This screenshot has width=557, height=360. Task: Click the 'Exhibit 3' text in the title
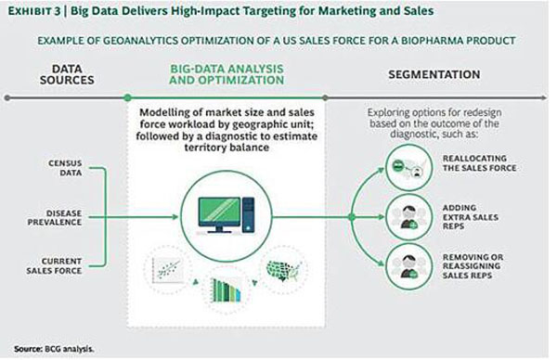pos(34,11)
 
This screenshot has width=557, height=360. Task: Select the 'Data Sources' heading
pos(67,74)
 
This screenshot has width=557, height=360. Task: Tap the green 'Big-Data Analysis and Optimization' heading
pos(227,74)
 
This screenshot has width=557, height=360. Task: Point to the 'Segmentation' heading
pos(434,74)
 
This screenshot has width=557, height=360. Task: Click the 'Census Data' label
pos(65,168)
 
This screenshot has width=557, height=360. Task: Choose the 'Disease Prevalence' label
pos(55,218)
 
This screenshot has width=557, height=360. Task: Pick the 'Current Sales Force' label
pos(54,266)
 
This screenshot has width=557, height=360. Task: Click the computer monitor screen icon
pos(219,212)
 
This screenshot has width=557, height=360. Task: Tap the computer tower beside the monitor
pos(248,215)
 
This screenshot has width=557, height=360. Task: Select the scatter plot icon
pos(167,270)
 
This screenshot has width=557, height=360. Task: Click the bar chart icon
pos(226,289)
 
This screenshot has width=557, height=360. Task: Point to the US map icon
pos(284,270)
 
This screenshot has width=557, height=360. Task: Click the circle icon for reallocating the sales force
pos(409,168)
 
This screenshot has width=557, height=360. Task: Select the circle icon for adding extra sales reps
pos(409,217)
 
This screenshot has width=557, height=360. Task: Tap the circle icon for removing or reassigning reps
pos(409,266)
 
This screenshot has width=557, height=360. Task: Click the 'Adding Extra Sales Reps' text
pos(471,217)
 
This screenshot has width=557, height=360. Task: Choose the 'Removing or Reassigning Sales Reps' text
pos(473,266)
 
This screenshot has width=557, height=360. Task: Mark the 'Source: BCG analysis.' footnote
pos(54,349)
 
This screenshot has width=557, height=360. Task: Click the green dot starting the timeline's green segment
pos(127,97)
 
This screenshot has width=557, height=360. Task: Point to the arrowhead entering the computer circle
pos(175,217)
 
